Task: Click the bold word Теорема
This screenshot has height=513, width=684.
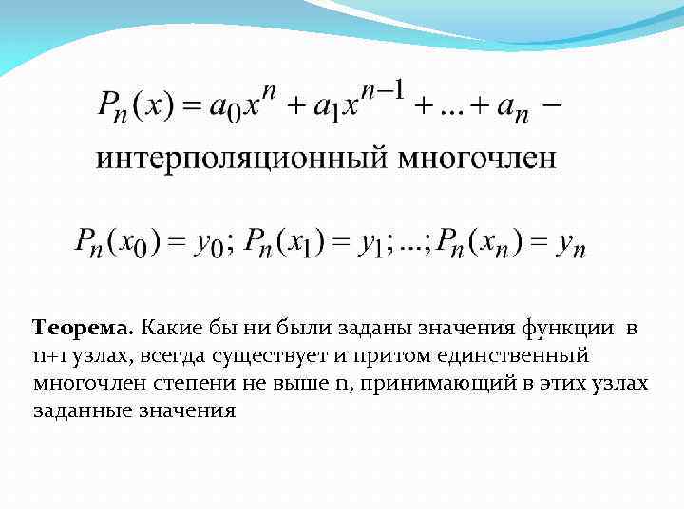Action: [x=83, y=329]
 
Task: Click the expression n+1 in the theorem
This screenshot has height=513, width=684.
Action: [x=48, y=356]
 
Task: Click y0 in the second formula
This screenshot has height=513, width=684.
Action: [x=210, y=246]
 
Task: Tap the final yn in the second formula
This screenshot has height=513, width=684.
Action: [x=570, y=246]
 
